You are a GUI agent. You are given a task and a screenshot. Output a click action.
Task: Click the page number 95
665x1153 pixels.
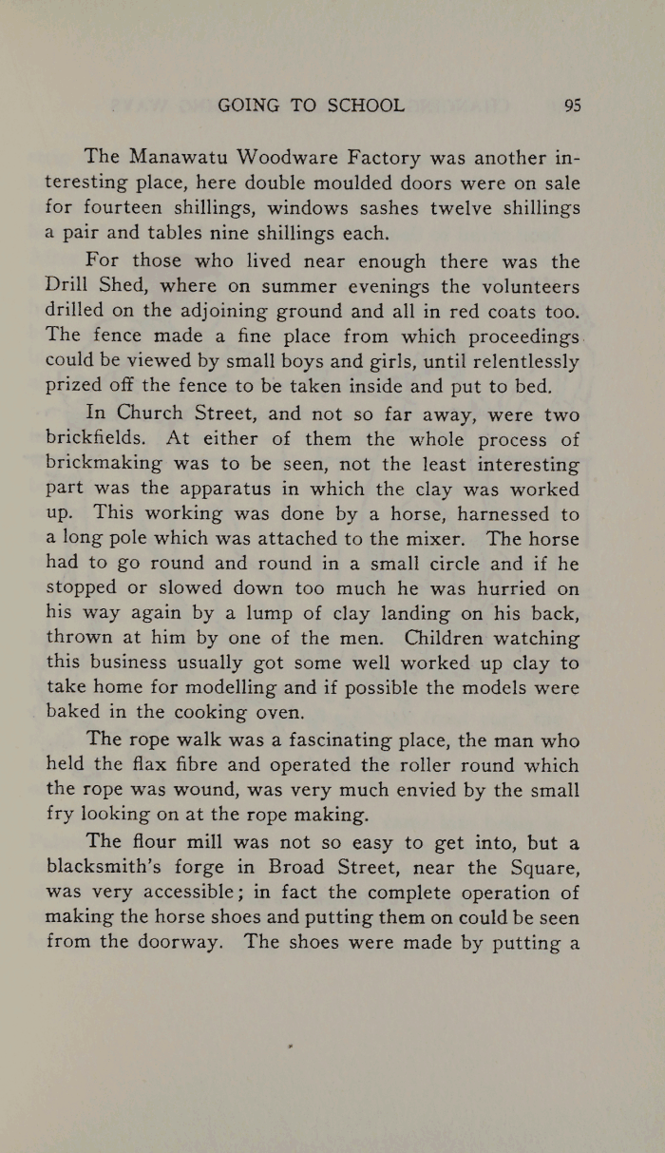click(x=572, y=106)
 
